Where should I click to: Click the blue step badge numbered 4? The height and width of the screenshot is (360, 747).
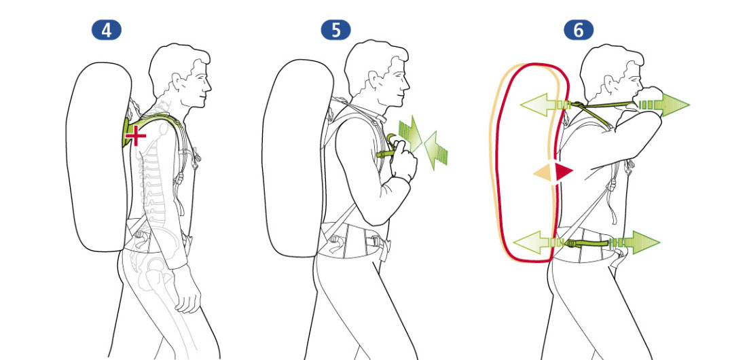[106, 31]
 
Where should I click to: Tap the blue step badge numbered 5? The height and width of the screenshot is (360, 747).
[336, 31]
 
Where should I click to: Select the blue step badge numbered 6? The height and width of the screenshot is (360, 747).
[579, 31]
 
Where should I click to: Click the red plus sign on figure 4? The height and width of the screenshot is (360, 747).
[135, 137]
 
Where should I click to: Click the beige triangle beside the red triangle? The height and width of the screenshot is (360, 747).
[543, 172]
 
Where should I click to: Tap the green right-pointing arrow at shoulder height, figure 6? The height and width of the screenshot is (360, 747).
[664, 105]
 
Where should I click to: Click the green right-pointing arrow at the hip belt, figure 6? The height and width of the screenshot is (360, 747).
[634, 242]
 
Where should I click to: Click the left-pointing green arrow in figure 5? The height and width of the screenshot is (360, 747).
[435, 151]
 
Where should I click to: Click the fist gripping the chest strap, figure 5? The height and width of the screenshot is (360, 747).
[403, 162]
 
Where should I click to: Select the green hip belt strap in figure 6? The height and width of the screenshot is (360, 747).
[589, 244]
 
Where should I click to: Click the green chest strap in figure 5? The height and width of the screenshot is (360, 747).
[387, 153]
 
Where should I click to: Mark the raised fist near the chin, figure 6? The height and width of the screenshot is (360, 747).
[649, 97]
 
